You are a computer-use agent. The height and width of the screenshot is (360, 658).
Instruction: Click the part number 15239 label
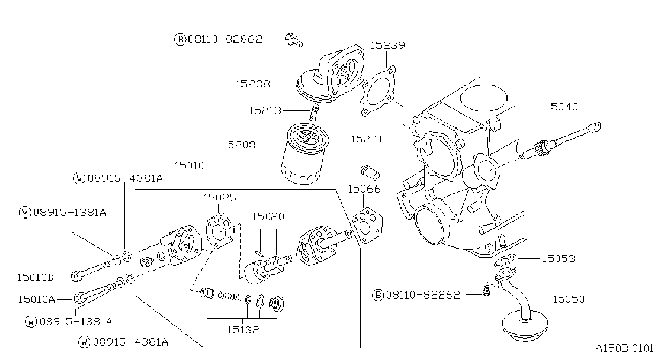387,46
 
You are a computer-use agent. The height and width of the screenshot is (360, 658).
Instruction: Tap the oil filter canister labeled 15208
305,154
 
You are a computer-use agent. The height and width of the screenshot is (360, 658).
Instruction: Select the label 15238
253,84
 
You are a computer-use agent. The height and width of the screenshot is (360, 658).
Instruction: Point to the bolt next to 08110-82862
294,40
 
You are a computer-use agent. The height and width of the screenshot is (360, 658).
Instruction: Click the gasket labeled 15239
378,92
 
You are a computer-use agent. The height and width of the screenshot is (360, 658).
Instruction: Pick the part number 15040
561,107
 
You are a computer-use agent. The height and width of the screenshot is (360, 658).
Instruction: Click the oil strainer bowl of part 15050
525,326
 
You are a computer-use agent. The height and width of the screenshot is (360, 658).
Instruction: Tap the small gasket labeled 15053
505,260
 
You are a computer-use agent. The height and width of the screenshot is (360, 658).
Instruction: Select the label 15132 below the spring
243,329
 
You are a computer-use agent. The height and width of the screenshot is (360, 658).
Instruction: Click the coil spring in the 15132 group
230,296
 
